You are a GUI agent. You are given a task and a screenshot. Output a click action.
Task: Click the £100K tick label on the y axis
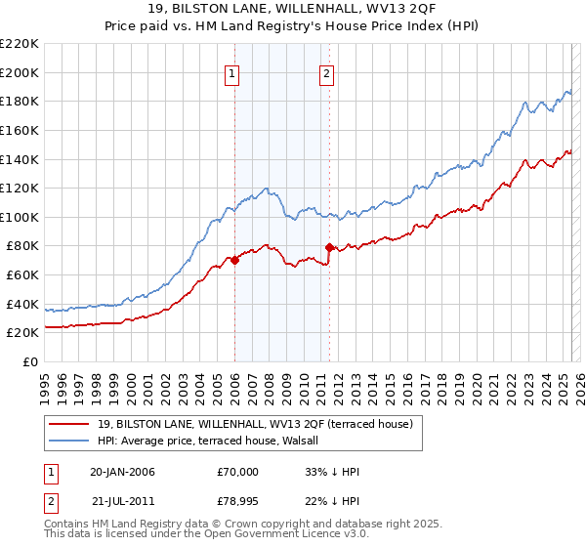(x=20, y=217)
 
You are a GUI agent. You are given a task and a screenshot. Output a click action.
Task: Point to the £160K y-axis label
(x=20, y=130)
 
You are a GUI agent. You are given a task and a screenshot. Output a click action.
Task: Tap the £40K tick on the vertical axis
(x=22, y=304)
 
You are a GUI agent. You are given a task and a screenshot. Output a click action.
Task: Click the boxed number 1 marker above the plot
(x=233, y=72)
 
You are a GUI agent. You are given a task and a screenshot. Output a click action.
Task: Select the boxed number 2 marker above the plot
(x=326, y=72)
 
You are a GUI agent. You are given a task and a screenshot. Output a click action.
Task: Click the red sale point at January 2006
(x=235, y=261)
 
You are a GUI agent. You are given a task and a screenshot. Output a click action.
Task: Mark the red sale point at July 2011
(x=330, y=247)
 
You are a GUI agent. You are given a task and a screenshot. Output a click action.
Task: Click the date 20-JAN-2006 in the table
(x=122, y=472)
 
